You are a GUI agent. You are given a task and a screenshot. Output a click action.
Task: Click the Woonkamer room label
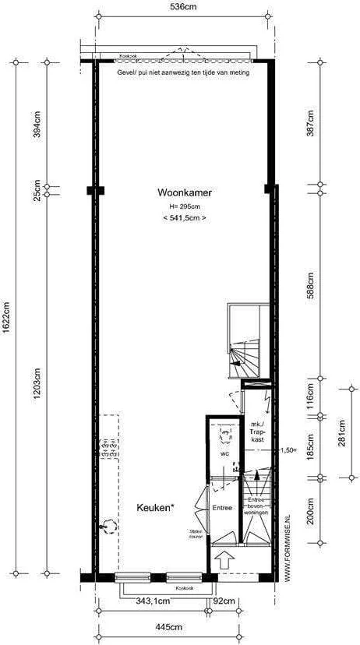coord(185,192)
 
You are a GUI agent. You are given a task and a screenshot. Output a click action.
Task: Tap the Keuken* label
coord(155,507)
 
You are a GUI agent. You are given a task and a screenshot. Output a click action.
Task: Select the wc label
coord(224,453)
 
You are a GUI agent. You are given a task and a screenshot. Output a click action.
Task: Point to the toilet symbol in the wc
coord(226,432)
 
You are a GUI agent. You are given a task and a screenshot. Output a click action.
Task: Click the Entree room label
coord(223,508)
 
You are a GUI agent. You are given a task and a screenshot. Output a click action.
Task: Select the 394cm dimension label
coord(36,122)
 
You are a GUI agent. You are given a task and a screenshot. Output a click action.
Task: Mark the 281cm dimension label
coord(340,431)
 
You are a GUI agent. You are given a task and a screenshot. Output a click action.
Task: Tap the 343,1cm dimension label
coord(153,601)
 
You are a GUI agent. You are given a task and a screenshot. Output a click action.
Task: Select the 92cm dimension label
coord(224,601)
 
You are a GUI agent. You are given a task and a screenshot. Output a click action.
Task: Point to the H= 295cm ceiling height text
coord(185,206)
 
